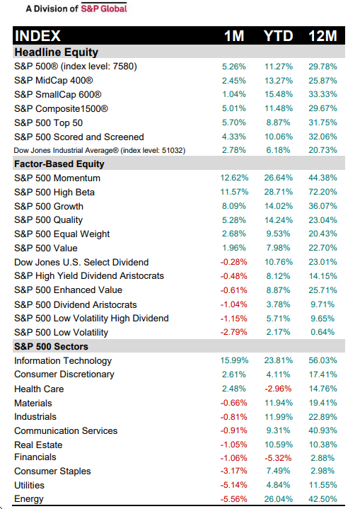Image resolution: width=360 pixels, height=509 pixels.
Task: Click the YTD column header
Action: point(278,35)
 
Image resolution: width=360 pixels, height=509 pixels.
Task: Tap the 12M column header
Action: point(323,35)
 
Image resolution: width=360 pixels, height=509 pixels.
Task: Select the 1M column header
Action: point(234,35)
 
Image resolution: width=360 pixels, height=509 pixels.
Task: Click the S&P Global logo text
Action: point(104,8)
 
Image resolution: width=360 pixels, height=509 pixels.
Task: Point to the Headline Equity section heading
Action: point(56,52)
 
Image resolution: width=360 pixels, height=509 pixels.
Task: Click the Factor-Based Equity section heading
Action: point(59,164)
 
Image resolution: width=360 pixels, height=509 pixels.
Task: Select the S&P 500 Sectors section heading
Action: point(51,346)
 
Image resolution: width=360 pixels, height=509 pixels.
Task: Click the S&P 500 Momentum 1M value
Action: point(234,178)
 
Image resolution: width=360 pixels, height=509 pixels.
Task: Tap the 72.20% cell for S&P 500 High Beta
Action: point(323,192)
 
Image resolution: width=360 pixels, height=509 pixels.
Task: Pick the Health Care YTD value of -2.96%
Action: point(278,389)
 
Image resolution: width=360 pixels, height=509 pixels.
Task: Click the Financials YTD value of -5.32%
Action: point(278,458)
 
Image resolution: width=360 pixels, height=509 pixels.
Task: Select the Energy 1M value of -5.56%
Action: point(234,499)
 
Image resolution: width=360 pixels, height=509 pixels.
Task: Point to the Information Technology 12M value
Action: point(323,360)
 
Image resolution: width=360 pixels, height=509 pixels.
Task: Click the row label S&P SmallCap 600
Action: point(58,94)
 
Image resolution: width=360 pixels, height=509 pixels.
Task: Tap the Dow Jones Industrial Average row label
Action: point(100,150)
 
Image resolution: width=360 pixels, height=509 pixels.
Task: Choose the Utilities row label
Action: point(29,486)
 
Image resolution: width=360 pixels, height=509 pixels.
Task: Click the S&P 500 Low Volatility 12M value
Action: point(323,332)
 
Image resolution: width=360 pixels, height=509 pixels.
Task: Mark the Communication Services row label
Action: point(66,430)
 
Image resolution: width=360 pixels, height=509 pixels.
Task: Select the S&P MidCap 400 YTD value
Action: point(279,81)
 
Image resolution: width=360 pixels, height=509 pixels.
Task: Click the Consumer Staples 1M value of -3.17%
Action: point(234,471)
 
